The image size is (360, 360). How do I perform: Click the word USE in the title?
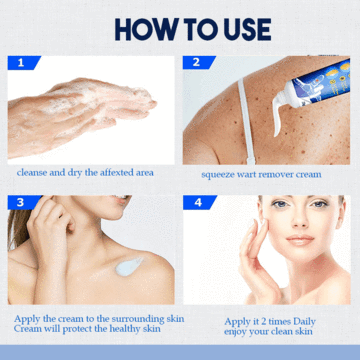point(246,29)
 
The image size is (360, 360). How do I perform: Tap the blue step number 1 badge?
point(23,63)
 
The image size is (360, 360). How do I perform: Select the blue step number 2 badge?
point(199,63)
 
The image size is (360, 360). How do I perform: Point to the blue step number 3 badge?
point(24,202)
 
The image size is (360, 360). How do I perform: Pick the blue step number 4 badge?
point(199,202)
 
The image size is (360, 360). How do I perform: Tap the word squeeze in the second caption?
point(216,175)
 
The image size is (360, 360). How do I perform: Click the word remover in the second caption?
point(277,174)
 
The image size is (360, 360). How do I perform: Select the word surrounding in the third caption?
point(148,319)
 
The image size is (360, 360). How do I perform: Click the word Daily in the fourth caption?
point(304,322)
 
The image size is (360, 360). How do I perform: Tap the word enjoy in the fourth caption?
point(235,332)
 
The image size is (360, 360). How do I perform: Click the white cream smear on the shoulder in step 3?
point(129,266)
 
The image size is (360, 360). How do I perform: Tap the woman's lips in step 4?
point(300,240)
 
